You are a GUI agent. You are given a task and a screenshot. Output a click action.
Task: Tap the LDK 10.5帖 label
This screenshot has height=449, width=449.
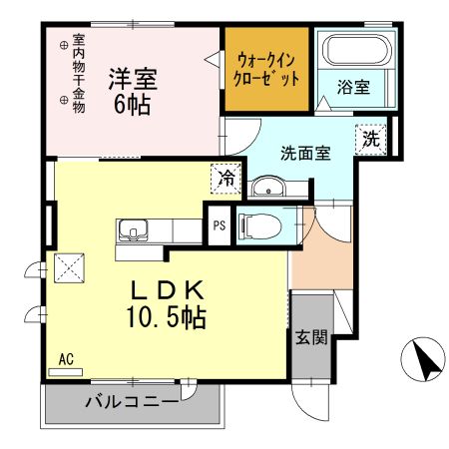coord(167,305)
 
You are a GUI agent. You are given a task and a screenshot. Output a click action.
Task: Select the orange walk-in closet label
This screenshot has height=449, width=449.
coord(265,68)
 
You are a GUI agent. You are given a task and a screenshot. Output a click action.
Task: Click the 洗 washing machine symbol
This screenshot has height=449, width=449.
coord(370,140)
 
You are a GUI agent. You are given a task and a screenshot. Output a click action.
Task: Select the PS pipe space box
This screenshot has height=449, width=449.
coord(219,224)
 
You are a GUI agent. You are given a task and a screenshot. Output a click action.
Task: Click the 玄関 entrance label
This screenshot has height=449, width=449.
coord(310,336)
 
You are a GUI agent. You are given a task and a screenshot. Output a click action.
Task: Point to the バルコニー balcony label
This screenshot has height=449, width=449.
coord(132,403)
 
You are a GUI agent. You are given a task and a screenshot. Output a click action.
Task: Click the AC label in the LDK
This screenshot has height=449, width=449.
coord(66,358)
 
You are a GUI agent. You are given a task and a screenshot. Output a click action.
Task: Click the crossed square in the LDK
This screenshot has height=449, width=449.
coord(71,267)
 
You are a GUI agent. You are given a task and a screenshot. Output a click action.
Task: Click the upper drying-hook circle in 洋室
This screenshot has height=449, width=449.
coord(64,44)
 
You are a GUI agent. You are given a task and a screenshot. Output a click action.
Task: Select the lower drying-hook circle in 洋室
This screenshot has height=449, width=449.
coord(64,100)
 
